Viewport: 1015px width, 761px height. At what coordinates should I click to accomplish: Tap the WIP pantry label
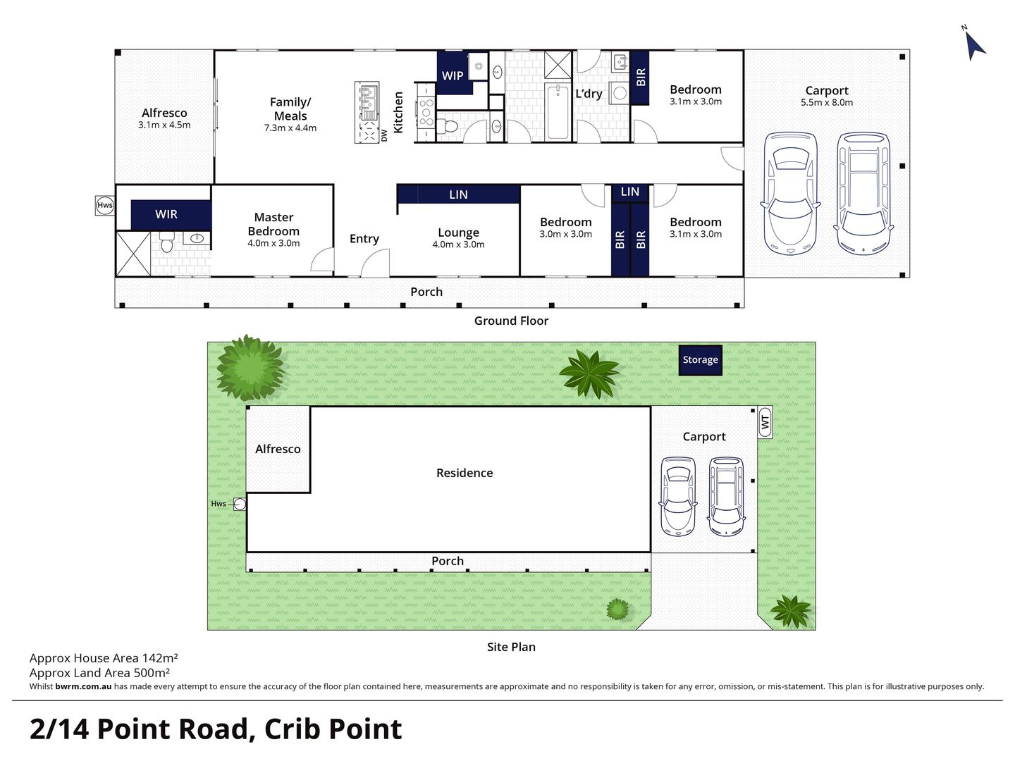pos(453,75)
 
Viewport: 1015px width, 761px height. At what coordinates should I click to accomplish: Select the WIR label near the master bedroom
pos(166,214)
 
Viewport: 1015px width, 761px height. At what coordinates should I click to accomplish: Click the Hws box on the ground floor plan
pos(104,205)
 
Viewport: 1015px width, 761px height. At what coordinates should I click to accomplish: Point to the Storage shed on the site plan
pos(700,359)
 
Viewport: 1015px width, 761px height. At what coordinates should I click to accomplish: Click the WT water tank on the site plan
pos(765,423)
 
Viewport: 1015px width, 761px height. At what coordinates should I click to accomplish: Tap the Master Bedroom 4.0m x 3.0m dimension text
pos(273,243)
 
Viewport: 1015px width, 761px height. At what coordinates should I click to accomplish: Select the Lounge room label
pos(458,233)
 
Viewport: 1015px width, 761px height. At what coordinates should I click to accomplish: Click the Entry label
pos(364,239)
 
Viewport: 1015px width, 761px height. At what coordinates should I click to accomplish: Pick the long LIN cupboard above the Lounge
pos(458,194)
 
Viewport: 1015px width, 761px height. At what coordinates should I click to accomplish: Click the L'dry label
pos(589,94)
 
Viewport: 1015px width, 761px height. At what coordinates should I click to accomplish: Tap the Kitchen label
pos(398,112)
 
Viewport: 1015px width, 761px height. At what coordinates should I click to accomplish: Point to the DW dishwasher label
pos(384,135)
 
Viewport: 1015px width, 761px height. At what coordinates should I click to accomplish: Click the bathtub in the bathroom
pos(558,112)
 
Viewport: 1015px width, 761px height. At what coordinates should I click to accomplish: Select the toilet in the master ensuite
pos(167,244)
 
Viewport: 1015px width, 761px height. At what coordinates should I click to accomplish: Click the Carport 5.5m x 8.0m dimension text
pos(827,102)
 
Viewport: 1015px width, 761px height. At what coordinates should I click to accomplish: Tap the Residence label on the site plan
pos(465,473)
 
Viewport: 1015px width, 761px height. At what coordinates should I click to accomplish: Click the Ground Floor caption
pos(511,321)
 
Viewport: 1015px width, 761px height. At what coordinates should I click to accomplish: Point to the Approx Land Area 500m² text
pos(99,673)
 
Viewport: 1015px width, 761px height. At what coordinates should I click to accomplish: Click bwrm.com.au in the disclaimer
pos(83,686)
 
